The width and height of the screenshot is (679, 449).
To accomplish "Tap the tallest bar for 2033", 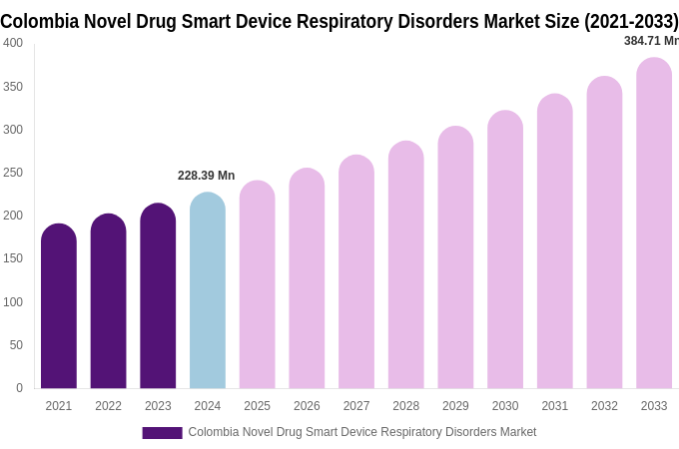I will [654, 224].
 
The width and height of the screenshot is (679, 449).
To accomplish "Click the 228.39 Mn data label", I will [206, 176].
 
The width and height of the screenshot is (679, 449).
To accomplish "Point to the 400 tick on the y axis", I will [13, 43].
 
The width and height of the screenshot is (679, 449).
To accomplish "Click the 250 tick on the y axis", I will [13, 173].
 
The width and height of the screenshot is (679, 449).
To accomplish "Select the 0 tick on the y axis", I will [19, 388].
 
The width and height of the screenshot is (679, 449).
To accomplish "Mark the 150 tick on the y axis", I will [13, 258].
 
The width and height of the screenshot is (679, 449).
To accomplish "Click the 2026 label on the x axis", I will [307, 406].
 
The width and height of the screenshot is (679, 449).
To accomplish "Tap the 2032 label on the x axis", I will [604, 406].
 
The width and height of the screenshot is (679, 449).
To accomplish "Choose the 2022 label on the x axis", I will [108, 406].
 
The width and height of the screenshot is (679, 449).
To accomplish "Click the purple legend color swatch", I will [162, 432].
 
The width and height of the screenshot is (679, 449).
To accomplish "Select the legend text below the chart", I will [362, 432].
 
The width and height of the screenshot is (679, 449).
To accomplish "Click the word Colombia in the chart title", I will [37, 20].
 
